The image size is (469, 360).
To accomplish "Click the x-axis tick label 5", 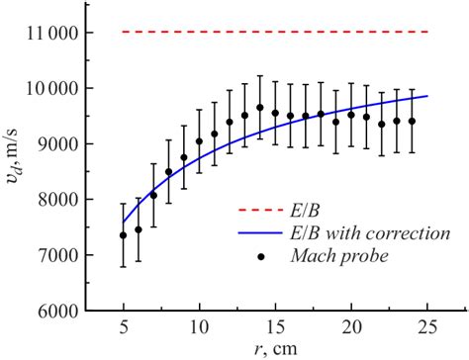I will [124, 327].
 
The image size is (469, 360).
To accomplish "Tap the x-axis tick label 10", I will [199, 327].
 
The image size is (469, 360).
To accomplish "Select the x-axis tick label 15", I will [275, 327].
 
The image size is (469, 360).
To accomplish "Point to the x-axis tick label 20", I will [351, 327].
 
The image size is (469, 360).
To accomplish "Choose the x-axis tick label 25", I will [427, 327].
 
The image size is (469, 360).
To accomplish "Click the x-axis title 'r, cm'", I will [275, 349].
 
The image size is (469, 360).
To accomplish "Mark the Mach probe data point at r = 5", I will [124, 235].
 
